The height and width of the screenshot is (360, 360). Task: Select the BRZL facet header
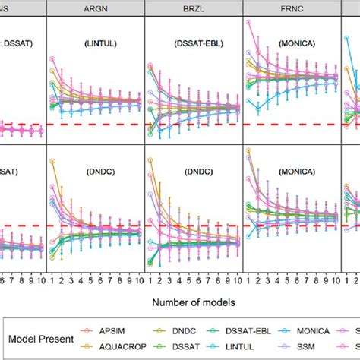(x=192, y=8)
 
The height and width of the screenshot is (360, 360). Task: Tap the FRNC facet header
(x=291, y=8)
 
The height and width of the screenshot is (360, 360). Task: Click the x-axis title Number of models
(x=192, y=302)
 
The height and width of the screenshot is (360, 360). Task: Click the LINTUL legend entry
(x=254, y=346)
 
